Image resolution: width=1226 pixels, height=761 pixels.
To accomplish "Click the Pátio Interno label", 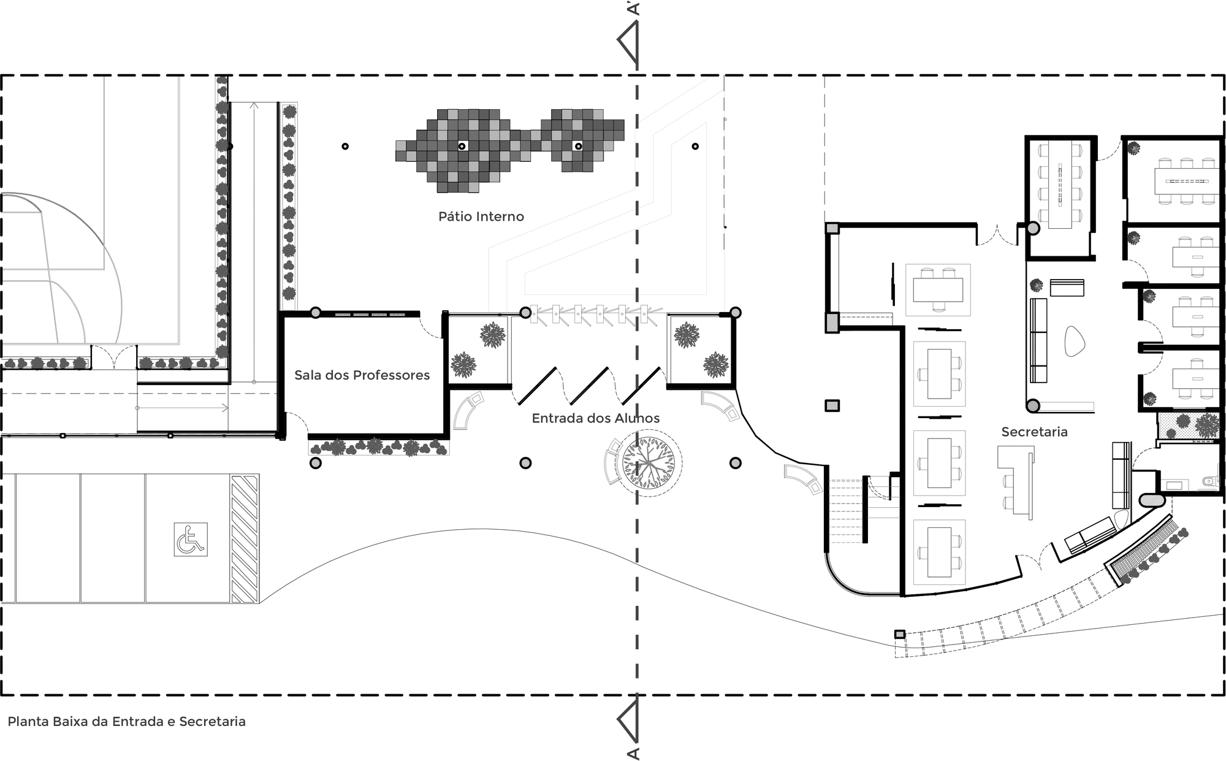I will (x=481, y=216).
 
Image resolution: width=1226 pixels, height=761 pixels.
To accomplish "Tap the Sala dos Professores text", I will (x=362, y=375).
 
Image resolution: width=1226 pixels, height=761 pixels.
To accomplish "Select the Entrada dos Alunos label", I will (x=595, y=418).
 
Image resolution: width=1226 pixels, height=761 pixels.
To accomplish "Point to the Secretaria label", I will (x=1034, y=432).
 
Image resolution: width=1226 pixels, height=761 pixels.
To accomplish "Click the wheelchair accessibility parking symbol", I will (x=191, y=539).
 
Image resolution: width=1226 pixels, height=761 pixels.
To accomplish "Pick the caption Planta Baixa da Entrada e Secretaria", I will (x=126, y=722).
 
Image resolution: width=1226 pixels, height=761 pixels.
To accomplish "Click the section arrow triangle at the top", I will (x=629, y=45).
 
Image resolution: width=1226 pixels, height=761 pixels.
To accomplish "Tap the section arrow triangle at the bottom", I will (x=629, y=722).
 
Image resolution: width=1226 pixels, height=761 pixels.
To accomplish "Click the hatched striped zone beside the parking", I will (x=245, y=538).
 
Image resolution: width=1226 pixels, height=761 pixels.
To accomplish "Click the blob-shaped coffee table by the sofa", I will (x=1075, y=341).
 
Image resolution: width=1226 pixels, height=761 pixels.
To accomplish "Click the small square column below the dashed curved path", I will (x=899, y=634).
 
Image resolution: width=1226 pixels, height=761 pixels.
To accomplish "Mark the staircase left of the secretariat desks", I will (x=847, y=512).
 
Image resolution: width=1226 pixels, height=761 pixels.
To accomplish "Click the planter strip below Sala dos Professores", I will (x=378, y=446).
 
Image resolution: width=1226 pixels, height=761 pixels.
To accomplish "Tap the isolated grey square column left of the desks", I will (x=832, y=405).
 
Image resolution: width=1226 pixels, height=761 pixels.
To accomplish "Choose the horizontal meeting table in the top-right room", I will (x=1184, y=180).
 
